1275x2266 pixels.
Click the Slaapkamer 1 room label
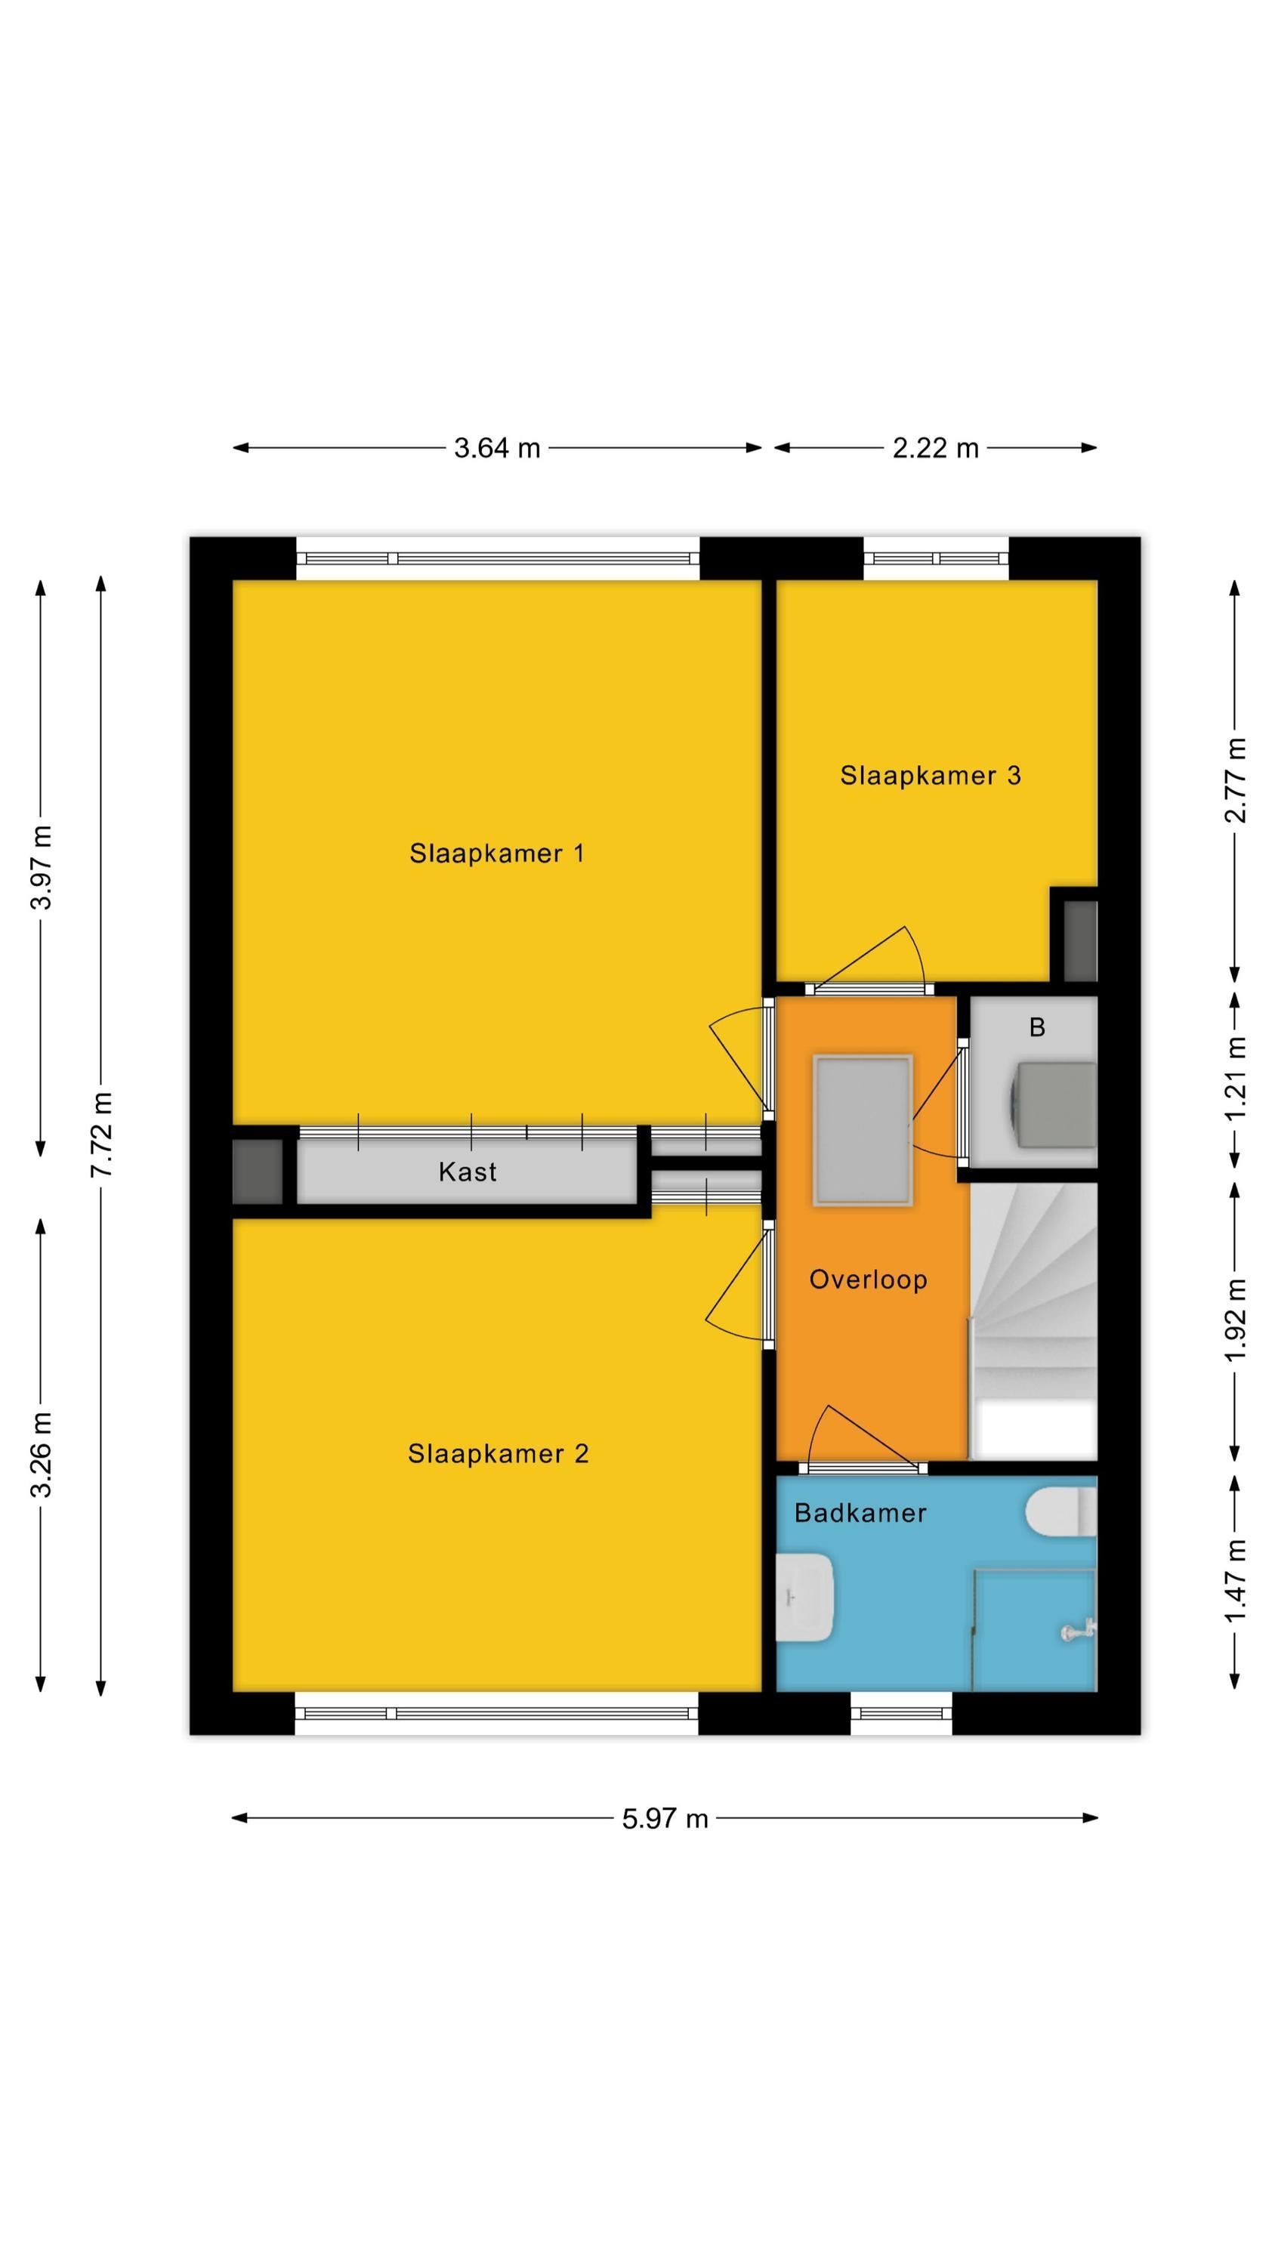pyautogui.click(x=496, y=854)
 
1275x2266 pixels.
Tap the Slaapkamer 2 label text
pyautogui.click(x=498, y=1454)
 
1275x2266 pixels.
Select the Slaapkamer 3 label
pyautogui.click(x=930, y=775)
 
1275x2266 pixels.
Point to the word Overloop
pyautogui.click(x=868, y=1279)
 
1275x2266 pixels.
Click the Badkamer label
pyautogui.click(x=860, y=1512)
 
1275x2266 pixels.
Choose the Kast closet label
pyautogui.click(x=468, y=1172)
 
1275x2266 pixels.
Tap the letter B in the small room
pyautogui.click(x=1036, y=1026)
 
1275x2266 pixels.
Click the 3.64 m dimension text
pyautogui.click(x=496, y=448)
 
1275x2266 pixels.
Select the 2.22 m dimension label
pyautogui.click(x=935, y=448)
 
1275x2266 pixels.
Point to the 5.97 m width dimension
pyautogui.click(x=665, y=1818)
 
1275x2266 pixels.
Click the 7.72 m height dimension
pyautogui.click(x=102, y=1135)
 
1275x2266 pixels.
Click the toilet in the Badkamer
pyautogui.click(x=1061, y=1512)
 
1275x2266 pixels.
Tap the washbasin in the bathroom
pyautogui.click(x=805, y=1597)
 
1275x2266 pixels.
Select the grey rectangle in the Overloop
pyautogui.click(x=863, y=1131)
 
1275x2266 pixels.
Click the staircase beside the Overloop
pyautogui.click(x=1033, y=1320)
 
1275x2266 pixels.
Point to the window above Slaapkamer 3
pyautogui.click(x=935, y=559)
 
